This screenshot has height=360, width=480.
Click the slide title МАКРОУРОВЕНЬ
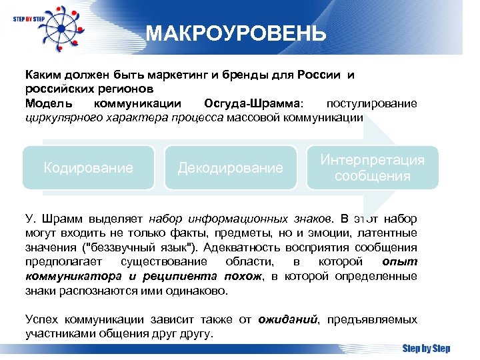coord(236,33)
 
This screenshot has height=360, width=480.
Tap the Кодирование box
coord(88,168)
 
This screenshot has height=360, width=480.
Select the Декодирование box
coord(230,168)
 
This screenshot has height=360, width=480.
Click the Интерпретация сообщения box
coord(372,168)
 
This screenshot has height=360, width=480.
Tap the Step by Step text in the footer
coord(425,349)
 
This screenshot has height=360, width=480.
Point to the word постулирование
coord(371,103)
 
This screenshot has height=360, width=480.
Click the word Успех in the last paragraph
coord(41,319)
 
